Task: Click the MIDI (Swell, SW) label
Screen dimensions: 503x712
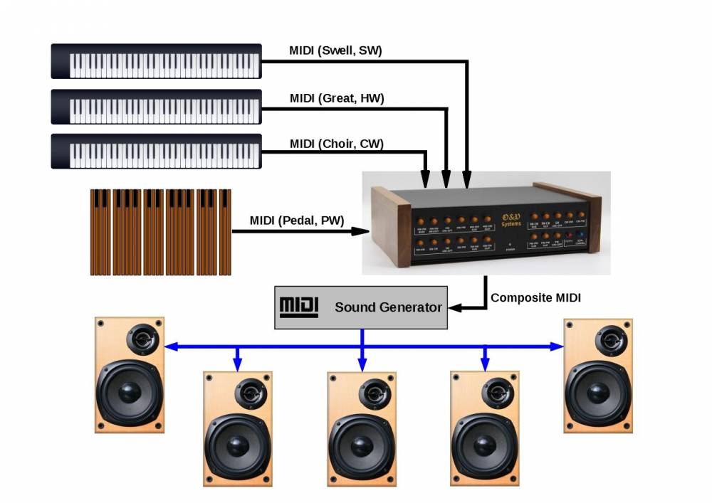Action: click(336, 51)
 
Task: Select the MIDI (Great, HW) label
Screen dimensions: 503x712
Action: click(337, 98)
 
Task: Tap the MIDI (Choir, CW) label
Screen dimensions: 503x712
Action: click(337, 144)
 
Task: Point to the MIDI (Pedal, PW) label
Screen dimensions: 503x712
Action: click(296, 221)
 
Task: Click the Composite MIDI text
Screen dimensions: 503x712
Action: click(535, 298)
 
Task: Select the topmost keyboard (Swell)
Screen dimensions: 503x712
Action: click(157, 61)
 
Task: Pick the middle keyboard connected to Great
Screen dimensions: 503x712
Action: click(157, 107)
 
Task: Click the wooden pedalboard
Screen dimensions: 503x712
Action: click(161, 232)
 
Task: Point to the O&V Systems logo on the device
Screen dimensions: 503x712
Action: click(511, 218)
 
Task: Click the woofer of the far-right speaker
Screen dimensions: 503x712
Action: click(598, 392)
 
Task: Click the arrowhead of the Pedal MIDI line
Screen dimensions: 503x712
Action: click(363, 231)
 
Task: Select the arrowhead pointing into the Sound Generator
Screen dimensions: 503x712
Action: click(456, 307)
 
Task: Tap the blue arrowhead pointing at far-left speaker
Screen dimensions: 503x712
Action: click(171, 347)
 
